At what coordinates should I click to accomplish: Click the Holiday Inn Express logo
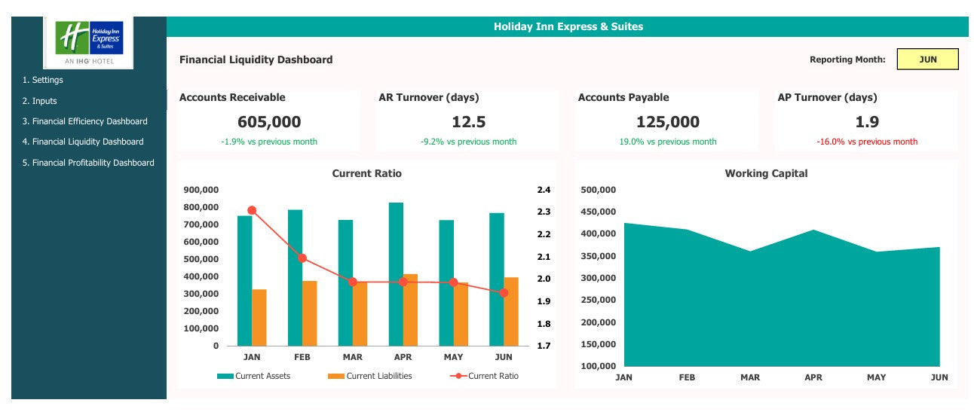89,42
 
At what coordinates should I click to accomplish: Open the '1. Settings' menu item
43,80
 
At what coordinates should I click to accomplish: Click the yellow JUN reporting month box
927,60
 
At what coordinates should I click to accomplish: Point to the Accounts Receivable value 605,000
269,122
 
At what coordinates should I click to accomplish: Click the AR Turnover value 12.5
467,122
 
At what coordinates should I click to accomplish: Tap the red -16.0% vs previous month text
867,142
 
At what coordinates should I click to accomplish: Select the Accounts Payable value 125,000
668,122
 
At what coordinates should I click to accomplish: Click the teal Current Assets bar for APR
396,274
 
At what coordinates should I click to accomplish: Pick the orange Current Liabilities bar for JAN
259,317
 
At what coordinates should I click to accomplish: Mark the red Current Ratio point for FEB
302,258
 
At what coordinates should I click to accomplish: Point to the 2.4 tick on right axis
544,190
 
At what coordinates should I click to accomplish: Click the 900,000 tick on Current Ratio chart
201,190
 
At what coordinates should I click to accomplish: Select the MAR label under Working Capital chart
750,377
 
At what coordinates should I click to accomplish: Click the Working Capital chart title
766,173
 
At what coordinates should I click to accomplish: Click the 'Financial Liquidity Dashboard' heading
256,60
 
